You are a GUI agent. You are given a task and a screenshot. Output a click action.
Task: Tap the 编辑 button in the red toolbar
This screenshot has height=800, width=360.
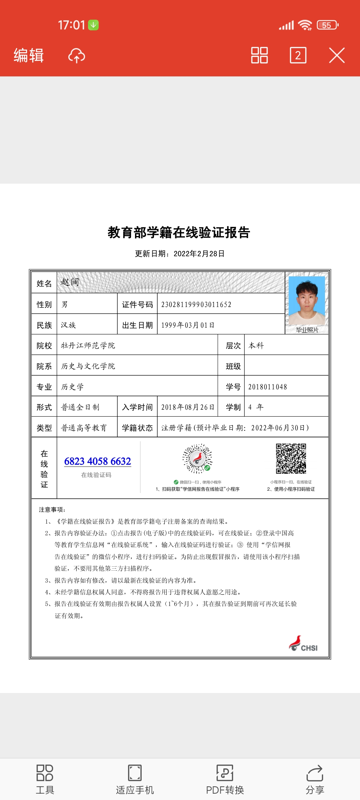[29, 55]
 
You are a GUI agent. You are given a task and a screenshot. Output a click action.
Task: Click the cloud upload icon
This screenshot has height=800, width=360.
[77, 56]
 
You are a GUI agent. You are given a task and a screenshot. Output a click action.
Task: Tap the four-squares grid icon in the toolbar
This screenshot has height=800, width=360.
[259, 55]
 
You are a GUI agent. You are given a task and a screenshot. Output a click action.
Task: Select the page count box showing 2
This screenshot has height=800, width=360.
[298, 55]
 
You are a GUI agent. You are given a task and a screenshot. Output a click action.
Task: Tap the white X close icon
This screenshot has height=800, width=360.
[337, 55]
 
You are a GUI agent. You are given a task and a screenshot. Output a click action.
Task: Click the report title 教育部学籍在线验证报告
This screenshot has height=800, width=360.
[179, 233]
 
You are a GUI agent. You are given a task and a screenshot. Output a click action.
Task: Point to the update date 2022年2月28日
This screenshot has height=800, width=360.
[199, 254]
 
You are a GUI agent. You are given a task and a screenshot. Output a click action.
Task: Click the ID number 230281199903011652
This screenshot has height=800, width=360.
[196, 304]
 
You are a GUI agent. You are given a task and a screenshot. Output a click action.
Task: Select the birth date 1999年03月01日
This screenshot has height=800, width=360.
[188, 325]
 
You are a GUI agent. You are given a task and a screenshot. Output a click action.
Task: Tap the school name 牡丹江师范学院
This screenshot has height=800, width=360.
[88, 346]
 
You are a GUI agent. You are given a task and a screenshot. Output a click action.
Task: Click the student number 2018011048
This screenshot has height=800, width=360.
[267, 387]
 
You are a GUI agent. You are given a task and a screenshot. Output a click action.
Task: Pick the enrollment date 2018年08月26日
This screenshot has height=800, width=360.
[188, 407]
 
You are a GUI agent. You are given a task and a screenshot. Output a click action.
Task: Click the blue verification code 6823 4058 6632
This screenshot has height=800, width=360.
[98, 461]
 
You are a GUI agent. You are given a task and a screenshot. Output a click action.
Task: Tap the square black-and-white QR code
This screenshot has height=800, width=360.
[291, 459]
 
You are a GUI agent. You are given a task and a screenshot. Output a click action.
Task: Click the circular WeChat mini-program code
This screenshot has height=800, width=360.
[197, 459]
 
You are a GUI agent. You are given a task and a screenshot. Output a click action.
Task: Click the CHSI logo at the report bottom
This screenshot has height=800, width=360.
[303, 644]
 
